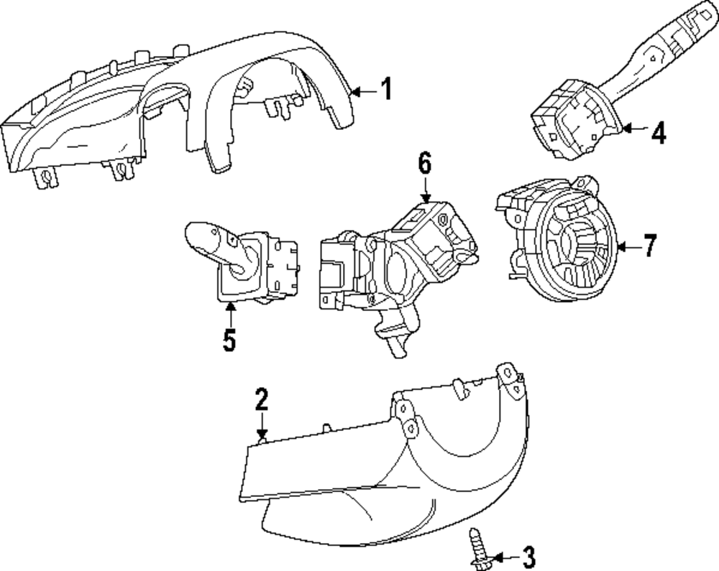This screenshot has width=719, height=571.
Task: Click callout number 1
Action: pyautogui.click(x=386, y=90)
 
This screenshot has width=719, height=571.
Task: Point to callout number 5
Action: pyautogui.click(x=229, y=340)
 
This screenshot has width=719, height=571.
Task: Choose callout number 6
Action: pyautogui.click(x=425, y=164)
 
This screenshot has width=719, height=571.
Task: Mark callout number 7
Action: pyautogui.click(x=649, y=246)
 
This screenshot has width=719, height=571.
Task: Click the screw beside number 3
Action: pyautogui.click(x=477, y=549)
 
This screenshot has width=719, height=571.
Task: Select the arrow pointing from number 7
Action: pyautogui.click(x=626, y=247)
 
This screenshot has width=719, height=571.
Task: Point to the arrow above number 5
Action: pyautogui.click(x=229, y=314)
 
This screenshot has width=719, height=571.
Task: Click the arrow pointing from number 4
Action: pyautogui.click(x=635, y=129)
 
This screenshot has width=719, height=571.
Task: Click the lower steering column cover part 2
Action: pyautogui.click(x=403, y=467)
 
